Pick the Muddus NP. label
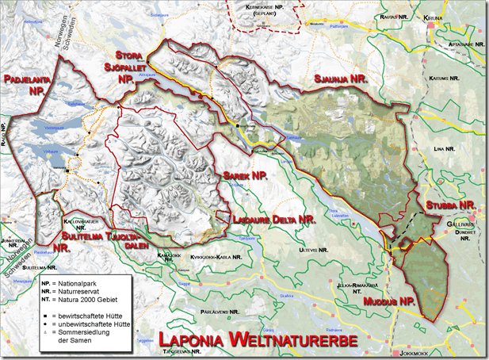click(389, 301)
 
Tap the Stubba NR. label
click(449, 205)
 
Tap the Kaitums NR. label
click(445, 79)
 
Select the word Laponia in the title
click(186, 340)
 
